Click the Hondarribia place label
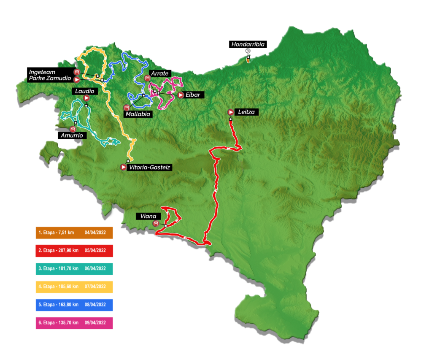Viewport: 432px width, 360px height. click(247, 44)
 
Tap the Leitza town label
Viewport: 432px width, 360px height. click(246, 112)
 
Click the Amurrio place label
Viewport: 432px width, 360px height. click(74, 135)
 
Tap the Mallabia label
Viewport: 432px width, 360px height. click(137, 114)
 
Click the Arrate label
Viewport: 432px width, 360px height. click(159, 73)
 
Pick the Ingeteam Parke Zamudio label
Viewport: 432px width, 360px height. click(50, 75)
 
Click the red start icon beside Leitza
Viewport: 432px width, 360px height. click(231, 112)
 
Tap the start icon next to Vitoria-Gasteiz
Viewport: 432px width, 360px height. click(123, 168)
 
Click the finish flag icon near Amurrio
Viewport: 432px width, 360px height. click(73, 128)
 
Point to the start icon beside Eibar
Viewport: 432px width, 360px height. click(181, 95)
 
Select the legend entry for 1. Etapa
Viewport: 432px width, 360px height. click(74, 233)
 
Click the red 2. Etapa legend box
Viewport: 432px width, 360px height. click(74, 251)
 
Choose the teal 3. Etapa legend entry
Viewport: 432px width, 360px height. click(74, 269)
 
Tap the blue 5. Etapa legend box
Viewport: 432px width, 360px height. click(74, 305)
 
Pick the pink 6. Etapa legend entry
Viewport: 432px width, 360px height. click(74, 323)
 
